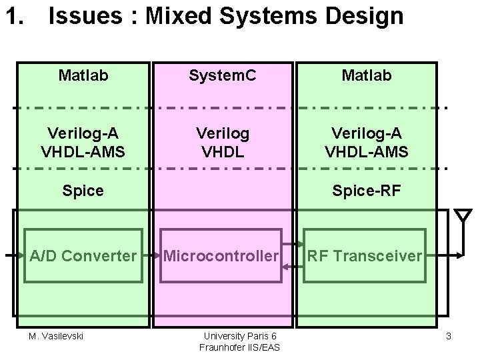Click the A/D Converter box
[83, 255]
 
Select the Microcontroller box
[221, 255]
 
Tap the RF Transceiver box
[365, 255]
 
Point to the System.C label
[222, 76]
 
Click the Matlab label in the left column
[83, 76]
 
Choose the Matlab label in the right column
[366, 76]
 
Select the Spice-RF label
[366, 191]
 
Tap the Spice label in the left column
[83, 191]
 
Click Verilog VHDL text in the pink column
[222, 142]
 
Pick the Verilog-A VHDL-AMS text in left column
[83, 142]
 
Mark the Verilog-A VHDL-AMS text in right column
[366, 142]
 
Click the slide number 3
[449, 337]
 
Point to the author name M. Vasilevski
[56, 336]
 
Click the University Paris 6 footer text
[239, 336]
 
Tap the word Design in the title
[370, 16]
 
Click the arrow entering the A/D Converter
[13, 255]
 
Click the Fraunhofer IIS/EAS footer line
[239, 347]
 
